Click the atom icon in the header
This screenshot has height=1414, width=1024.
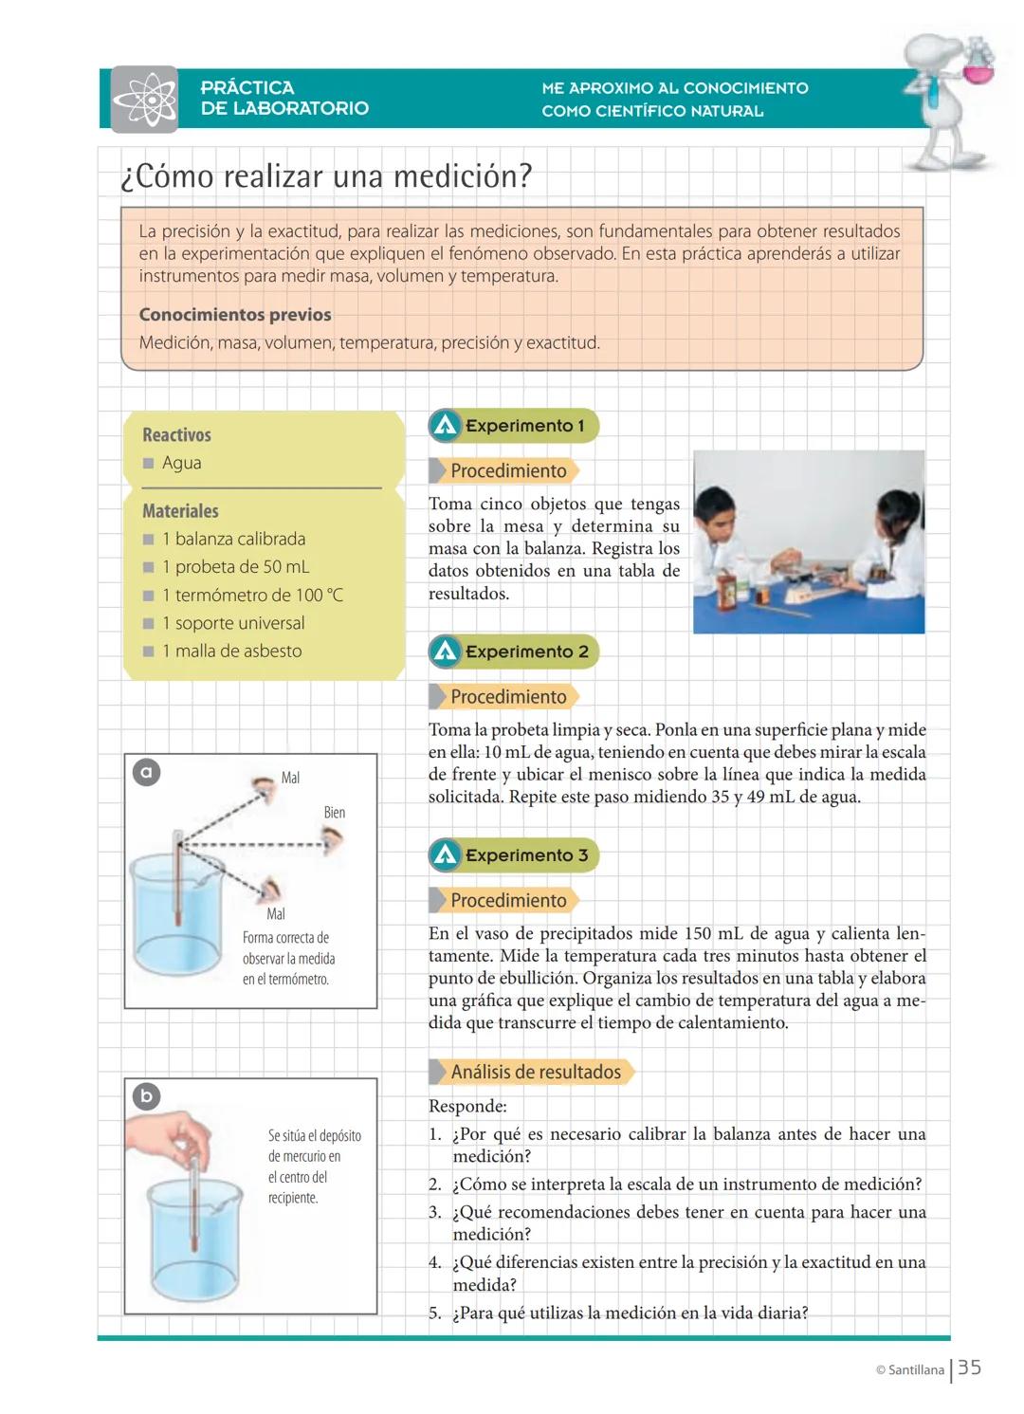pyautogui.click(x=144, y=99)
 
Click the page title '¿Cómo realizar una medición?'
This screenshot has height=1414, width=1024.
pyautogui.click(x=326, y=176)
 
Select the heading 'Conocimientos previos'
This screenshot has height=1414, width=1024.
pyautogui.click(x=235, y=315)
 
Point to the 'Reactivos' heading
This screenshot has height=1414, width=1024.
pyautogui.click(x=176, y=435)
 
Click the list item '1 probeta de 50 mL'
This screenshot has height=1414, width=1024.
pyautogui.click(x=235, y=567)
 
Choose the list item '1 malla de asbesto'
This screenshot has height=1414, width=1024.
pyautogui.click(x=231, y=652)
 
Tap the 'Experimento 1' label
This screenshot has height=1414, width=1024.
pyautogui.click(x=524, y=426)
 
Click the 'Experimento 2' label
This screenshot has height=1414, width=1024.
pyautogui.click(x=526, y=652)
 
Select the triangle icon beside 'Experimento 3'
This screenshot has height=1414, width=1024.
pyautogui.click(x=445, y=855)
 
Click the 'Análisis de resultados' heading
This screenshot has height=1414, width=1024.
pyautogui.click(x=536, y=1073)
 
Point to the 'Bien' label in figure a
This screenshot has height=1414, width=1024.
pyautogui.click(x=335, y=813)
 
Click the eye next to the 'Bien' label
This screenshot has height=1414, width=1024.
pyautogui.click(x=332, y=839)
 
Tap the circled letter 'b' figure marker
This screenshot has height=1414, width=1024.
pyautogui.click(x=146, y=1096)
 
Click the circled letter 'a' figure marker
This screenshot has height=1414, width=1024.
pyautogui.click(x=146, y=772)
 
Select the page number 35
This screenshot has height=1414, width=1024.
pyautogui.click(x=969, y=1368)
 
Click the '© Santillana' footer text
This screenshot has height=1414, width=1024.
pyautogui.click(x=909, y=1370)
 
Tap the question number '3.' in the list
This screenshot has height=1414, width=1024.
pyautogui.click(x=435, y=1212)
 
